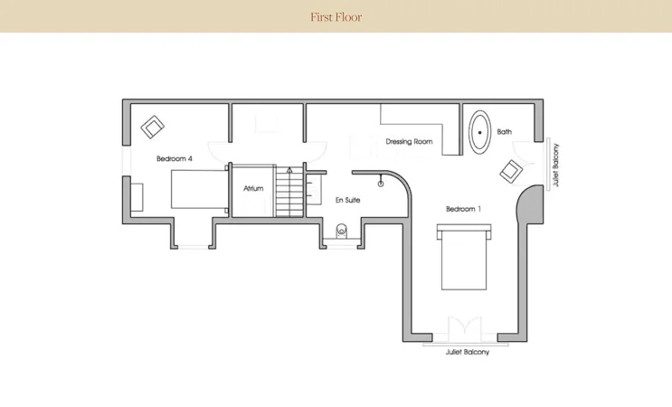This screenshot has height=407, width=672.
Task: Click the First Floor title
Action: (x=336, y=17)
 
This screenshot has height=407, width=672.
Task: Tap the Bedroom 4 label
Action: (x=174, y=158)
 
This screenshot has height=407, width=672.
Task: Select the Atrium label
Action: (x=253, y=188)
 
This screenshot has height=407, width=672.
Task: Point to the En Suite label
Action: (x=347, y=200)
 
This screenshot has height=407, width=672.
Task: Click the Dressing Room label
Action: (x=409, y=141)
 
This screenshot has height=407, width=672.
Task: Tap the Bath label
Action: (x=504, y=131)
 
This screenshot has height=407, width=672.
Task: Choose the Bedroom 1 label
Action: (x=463, y=209)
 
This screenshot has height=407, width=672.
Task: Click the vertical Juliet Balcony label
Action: (x=556, y=165)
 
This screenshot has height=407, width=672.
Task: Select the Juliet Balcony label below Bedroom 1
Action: (x=467, y=352)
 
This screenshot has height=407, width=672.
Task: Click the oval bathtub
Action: (x=480, y=132)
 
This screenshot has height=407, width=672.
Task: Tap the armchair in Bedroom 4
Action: (x=152, y=127)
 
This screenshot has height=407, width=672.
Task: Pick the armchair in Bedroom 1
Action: (x=511, y=171)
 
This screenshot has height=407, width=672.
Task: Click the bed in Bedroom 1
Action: (x=464, y=257)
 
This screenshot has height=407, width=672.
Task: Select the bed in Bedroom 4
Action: (x=199, y=189)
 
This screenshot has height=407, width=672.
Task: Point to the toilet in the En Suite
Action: (x=341, y=231)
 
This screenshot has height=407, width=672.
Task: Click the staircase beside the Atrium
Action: (x=289, y=191)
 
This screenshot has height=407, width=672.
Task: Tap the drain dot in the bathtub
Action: (x=480, y=132)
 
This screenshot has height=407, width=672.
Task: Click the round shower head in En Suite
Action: (x=381, y=184)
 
